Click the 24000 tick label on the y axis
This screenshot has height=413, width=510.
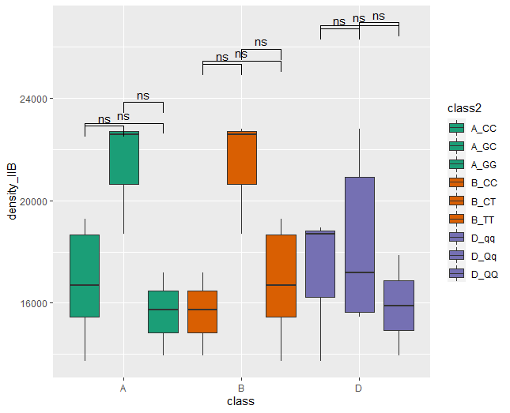click(35, 99)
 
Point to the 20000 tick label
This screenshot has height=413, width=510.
click(35, 201)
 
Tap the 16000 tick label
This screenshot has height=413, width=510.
click(35, 303)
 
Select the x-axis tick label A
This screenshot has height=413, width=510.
click(123, 389)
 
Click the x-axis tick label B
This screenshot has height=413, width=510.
click(241, 389)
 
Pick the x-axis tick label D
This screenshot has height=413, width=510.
click(359, 389)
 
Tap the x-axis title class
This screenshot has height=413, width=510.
click(241, 402)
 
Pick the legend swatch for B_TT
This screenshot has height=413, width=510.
click(456, 220)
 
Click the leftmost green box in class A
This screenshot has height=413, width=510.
click(85, 276)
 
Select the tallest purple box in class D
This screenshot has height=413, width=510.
click(359, 245)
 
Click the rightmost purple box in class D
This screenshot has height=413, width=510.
click(399, 306)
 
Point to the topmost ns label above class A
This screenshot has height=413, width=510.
click(143, 96)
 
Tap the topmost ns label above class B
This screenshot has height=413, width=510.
click(261, 42)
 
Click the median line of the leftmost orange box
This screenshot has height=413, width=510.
click(202, 310)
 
